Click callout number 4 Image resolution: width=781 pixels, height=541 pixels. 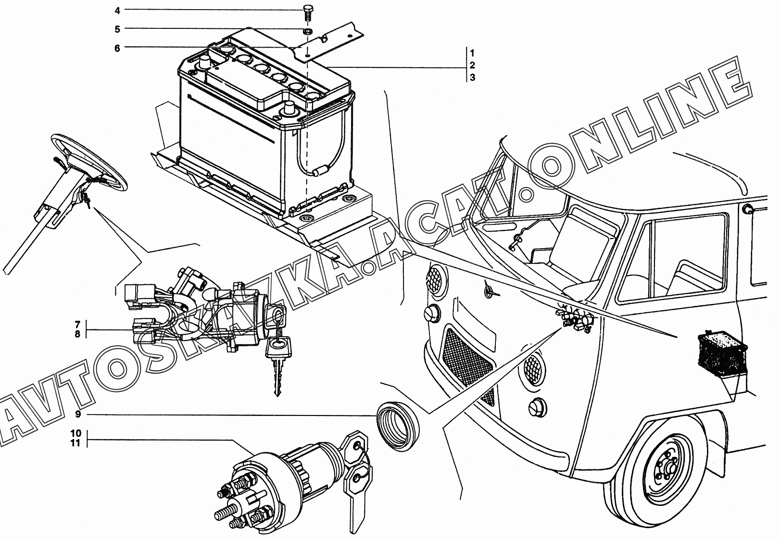pyautogui.click(x=117, y=11)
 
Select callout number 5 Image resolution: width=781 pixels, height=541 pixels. pyautogui.click(x=117, y=29)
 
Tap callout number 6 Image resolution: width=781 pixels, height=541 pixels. pyautogui.click(x=117, y=48)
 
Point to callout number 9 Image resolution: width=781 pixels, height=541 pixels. pyautogui.click(x=78, y=414)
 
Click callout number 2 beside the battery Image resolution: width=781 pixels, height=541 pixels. pyautogui.click(x=472, y=65)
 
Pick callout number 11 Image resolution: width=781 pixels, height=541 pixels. pyautogui.click(x=76, y=443)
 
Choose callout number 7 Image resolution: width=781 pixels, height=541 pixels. pyautogui.click(x=77, y=325)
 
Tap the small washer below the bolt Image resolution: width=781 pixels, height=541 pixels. pyautogui.click(x=307, y=32)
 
